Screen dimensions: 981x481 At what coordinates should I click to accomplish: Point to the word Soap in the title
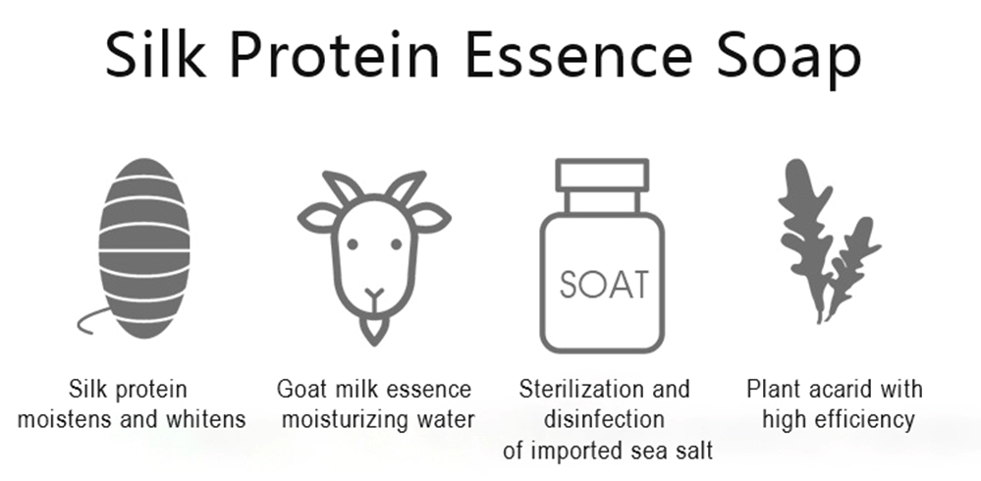(x=789, y=60)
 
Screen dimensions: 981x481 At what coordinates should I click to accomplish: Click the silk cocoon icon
(x=144, y=248)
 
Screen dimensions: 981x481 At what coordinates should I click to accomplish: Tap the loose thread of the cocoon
(x=91, y=320)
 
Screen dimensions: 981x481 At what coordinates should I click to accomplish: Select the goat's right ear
(x=430, y=218)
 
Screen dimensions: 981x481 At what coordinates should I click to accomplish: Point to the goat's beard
(x=374, y=329)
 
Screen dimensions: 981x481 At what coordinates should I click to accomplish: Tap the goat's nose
(x=374, y=294)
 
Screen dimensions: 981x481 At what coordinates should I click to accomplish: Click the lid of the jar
(x=603, y=175)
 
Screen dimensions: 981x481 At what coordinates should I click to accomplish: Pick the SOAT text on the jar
(x=604, y=285)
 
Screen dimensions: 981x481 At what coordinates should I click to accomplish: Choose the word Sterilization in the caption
(x=576, y=389)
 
